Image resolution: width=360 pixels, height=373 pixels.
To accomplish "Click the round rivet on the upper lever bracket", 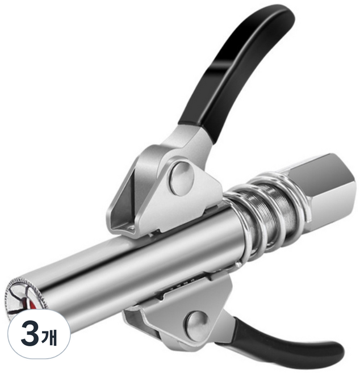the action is tap(182, 179).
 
